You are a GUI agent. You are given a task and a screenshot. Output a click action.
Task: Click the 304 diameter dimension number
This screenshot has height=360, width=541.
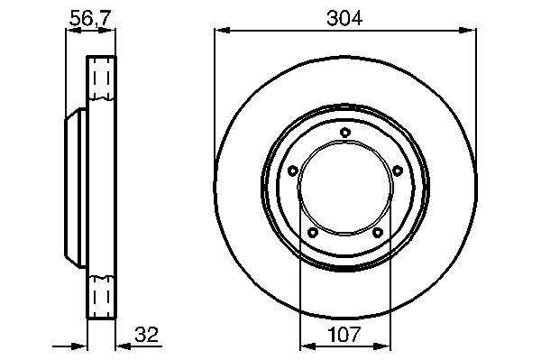point(344,18)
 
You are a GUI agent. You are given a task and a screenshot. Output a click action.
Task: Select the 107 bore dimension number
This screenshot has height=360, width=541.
point(344,334)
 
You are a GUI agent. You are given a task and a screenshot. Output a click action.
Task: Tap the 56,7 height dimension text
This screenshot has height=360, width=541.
point(91,18)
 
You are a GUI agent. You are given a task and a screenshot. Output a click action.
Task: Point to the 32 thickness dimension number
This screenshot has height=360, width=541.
point(146,334)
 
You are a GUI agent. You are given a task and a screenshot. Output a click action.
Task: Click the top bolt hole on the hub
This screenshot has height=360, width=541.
point(345,133)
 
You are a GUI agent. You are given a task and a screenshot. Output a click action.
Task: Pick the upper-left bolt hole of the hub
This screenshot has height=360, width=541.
point(292,171)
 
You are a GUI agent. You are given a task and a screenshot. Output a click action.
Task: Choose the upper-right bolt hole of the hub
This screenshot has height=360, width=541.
point(398,171)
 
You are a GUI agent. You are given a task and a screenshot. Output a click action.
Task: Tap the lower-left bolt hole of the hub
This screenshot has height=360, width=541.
point(313,233)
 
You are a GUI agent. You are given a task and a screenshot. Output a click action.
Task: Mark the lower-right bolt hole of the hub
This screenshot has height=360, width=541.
point(378,233)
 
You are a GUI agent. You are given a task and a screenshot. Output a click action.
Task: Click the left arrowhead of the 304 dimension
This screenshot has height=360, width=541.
point(222,31)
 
